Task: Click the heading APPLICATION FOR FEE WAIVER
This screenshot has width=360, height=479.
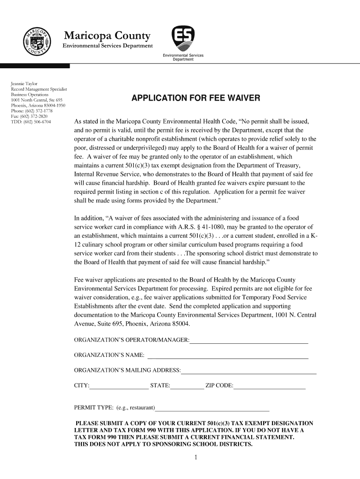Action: pyautogui.click(x=195, y=98)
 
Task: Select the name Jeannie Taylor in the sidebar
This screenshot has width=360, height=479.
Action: pyautogui.click(x=28, y=83)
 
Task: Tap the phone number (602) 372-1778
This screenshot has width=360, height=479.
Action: pyautogui.click(x=40, y=110)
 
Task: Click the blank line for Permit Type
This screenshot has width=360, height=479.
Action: pyautogui.click(x=213, y=408)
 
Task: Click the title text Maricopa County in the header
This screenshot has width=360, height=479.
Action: pyautogui.click(x=107, y=36)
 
